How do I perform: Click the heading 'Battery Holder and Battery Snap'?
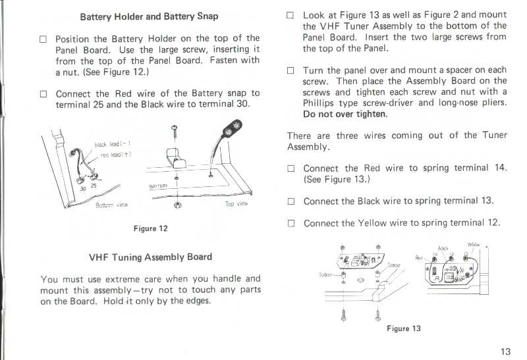tap(148, 16)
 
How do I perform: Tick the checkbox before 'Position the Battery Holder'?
tap(43, 39)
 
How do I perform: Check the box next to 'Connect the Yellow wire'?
tap(291, 223)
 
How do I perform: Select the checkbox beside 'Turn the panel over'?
tap(291, 70)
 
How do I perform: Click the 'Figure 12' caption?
tap(150, 228)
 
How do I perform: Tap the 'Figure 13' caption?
tap(403, 328)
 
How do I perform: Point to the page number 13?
tap(505, 351)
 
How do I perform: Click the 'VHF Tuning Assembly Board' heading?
tap(150, 257)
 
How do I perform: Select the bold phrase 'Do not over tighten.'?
tap(345, 114)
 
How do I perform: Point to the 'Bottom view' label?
tap(111, 205)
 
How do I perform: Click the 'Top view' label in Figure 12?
tap(236, 203)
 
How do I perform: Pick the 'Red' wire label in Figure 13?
tap(419, 257)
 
